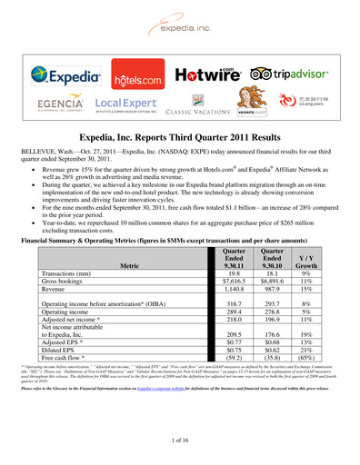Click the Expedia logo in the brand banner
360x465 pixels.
63,75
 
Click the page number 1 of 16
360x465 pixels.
180,440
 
